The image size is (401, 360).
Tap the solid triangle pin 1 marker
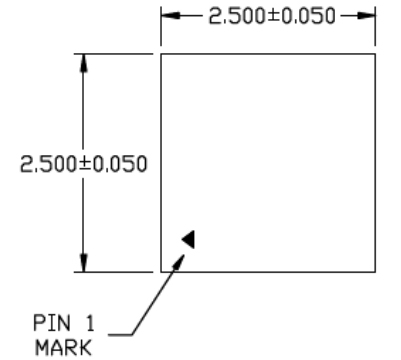[x=189, y=238]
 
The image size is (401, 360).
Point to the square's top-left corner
[x=162, y=54]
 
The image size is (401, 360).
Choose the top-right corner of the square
[x=376, y=54]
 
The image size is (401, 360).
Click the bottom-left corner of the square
[x=162, y=271]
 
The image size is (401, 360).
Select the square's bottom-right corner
[x=376, y=271]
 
